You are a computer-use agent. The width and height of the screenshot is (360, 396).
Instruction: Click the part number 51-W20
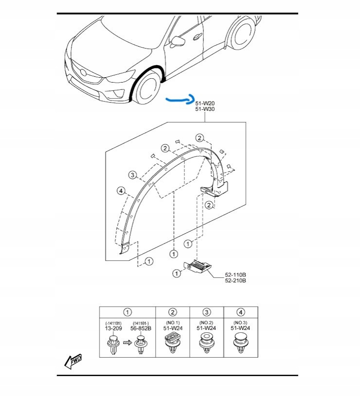(x=205, y=103)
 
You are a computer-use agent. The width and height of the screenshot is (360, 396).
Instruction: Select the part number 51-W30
(x=205, y=109)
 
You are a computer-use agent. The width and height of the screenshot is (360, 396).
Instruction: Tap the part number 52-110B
(x=235, y=275)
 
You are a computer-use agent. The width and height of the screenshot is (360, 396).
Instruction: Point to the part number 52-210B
(x=235, y=281)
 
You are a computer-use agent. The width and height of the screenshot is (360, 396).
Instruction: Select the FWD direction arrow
(x=73, y=361)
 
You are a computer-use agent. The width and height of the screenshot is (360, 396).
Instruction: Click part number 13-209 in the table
(x=113, y=328)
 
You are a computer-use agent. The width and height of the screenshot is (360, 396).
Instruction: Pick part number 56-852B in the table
(x=141, y=328)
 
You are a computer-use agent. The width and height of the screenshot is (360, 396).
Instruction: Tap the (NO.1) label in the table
(x=172, y=323)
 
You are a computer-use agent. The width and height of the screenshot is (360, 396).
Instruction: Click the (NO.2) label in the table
(x=206, y=323)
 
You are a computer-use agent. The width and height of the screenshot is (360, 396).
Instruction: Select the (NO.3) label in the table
(x=240, y=323)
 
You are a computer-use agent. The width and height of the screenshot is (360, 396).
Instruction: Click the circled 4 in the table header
(x=241, y=312)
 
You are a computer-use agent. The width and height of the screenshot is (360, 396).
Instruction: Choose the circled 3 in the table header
(x=207, y=312)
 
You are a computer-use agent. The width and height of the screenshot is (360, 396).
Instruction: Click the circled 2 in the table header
(x=173, y=312)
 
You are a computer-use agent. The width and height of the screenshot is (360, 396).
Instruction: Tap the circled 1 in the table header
(x=127, y=312)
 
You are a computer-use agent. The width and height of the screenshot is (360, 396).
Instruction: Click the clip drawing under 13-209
(x=113, y=345)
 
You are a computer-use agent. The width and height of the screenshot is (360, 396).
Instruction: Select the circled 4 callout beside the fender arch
(x=121, y=191)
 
